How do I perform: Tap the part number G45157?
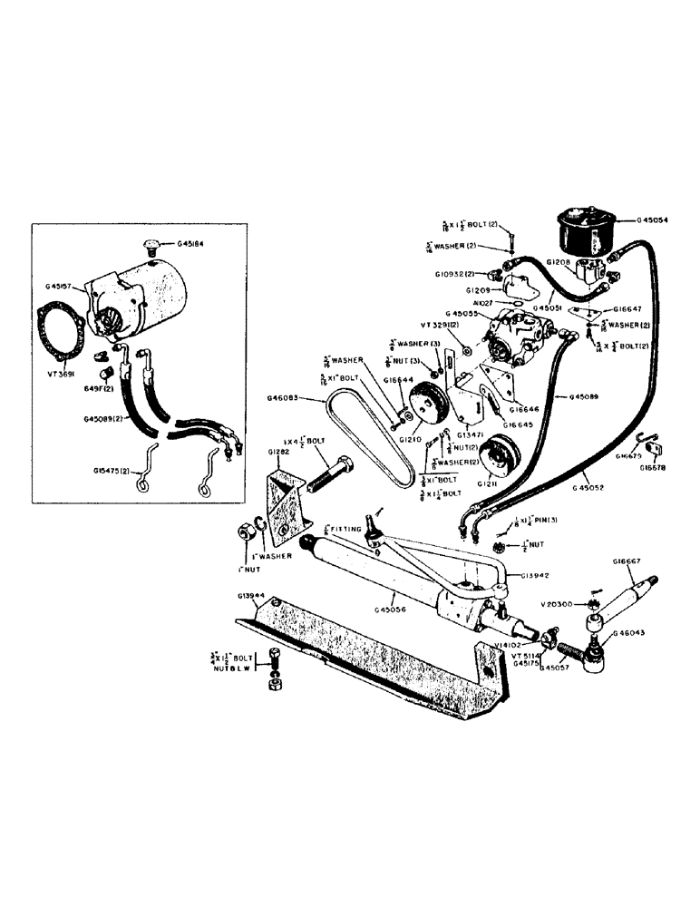pos(63,288)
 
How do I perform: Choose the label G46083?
pos(287,397)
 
